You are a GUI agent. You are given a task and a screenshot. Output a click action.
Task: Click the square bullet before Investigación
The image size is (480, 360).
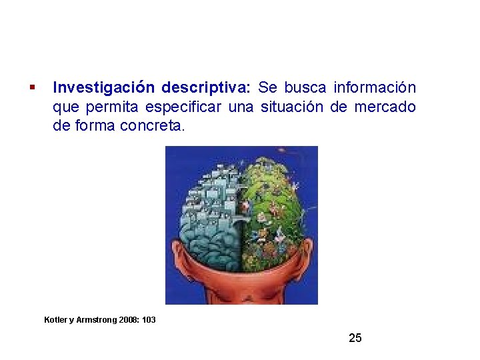[x=32, y=87]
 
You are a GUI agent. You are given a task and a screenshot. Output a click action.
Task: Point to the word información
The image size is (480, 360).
[x=375, y=88]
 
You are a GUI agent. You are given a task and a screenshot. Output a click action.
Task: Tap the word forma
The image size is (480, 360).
[x=93, y=125]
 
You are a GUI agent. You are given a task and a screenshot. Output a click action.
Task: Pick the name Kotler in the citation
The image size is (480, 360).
[x=56, y=320]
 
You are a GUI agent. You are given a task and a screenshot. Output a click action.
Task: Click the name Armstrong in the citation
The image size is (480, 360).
[x=96, y=320]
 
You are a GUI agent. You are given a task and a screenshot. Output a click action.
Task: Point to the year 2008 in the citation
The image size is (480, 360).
[x=129, y=320]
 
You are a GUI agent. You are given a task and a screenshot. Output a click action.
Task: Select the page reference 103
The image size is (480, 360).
[x=149, y=320]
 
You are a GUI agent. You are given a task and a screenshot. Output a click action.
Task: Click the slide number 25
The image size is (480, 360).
[x=355, y=338]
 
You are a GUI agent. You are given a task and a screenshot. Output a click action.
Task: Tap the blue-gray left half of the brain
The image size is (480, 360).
[x=211, y=213]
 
